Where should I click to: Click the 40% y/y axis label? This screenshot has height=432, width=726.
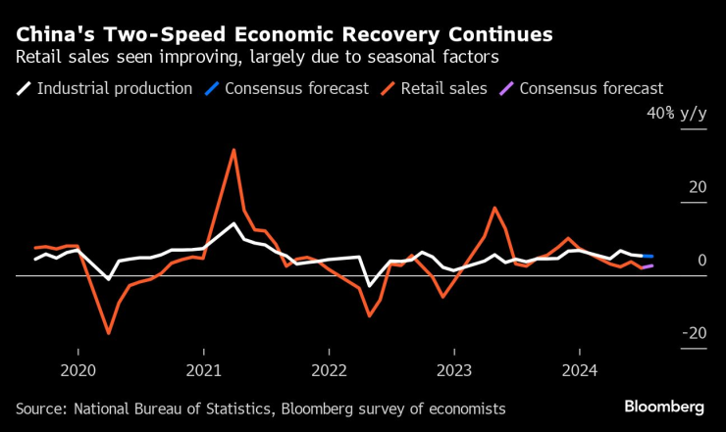676,114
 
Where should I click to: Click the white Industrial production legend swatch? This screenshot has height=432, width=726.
24,88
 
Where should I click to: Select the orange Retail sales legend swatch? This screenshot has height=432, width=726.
389,88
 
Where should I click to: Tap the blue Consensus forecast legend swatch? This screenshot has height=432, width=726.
211,88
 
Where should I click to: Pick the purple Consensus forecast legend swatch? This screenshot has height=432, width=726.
505,88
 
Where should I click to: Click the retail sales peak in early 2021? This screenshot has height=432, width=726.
233,150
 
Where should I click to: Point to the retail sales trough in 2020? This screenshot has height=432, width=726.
109,333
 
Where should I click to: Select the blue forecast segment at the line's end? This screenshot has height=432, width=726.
648,256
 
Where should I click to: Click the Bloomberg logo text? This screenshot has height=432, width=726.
664,407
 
